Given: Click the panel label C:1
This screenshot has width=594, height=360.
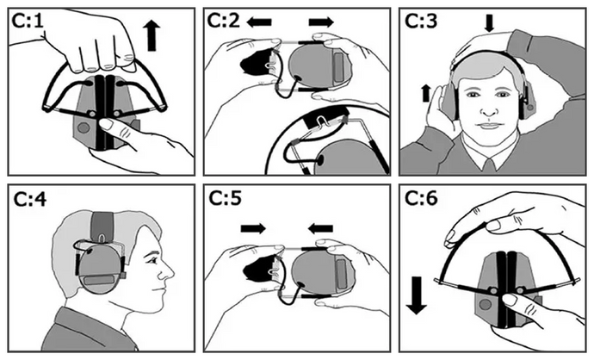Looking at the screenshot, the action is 28,22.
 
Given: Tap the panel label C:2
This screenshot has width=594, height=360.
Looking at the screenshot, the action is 224,21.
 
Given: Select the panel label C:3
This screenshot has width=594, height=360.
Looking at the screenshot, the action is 421,21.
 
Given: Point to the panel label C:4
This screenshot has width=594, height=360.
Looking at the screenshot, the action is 29,199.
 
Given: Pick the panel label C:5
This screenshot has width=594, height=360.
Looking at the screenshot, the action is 225,198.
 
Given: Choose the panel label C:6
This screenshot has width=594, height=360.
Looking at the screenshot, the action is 421,198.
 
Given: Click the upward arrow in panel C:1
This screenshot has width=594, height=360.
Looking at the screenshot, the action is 152,36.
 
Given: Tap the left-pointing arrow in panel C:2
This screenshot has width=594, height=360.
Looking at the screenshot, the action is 259,22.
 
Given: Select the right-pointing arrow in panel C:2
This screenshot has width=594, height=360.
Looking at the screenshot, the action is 321,22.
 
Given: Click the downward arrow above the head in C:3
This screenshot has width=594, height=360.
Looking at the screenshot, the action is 490,23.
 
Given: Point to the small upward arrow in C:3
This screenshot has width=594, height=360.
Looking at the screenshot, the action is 426,93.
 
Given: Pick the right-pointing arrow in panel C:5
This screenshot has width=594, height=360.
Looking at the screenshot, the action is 253,228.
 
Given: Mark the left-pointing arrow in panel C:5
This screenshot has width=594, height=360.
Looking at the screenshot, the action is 320,228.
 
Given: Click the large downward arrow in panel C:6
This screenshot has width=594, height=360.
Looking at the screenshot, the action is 417,295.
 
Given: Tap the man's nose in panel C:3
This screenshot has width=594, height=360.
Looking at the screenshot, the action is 489,110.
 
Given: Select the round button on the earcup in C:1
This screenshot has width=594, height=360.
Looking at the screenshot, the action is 84,127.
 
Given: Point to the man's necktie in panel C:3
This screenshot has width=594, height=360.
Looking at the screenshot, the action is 490,166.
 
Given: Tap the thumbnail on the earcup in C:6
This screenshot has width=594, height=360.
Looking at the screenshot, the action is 510,300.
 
